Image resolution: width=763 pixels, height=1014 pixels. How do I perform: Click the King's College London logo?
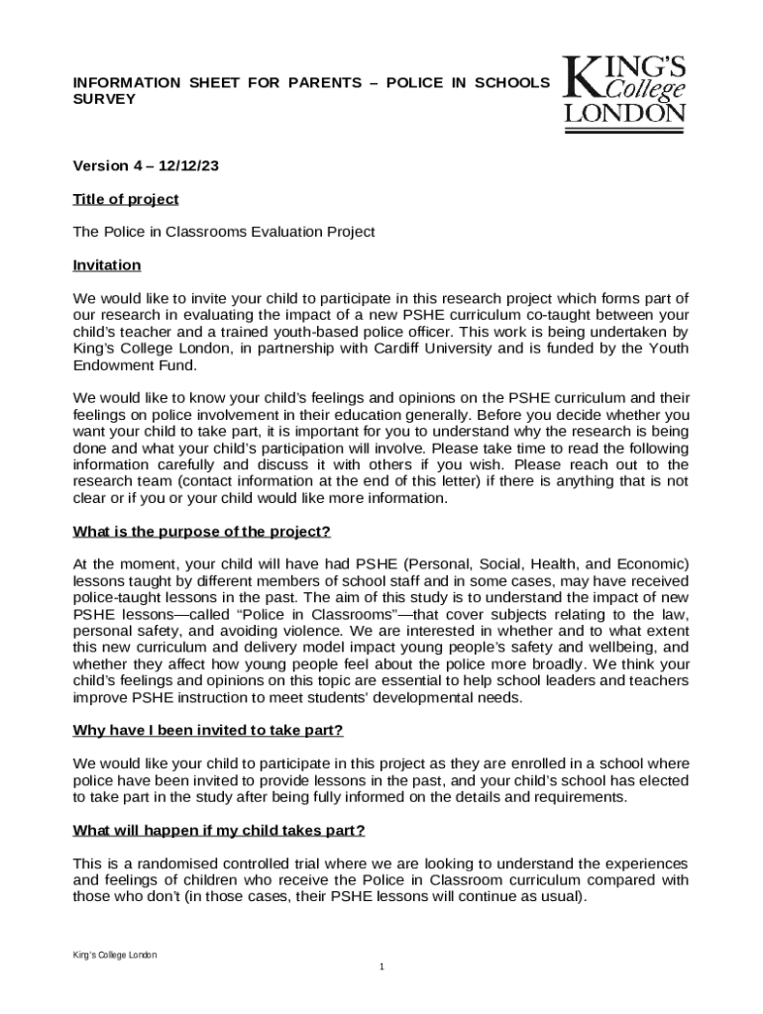point(624,90)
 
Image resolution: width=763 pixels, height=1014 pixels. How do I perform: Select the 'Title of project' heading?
point(126,199)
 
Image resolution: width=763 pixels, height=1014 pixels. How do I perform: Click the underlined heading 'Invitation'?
point(107,265)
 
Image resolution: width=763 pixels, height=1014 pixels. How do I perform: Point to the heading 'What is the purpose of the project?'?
point(201,532)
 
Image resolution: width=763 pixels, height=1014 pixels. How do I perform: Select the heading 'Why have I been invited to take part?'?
point(208,731)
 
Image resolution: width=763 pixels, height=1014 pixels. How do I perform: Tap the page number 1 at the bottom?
point(381,966)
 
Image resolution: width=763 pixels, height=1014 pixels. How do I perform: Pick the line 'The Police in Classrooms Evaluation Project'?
point(224,232)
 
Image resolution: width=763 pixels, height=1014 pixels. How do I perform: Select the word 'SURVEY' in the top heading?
point(104,100)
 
